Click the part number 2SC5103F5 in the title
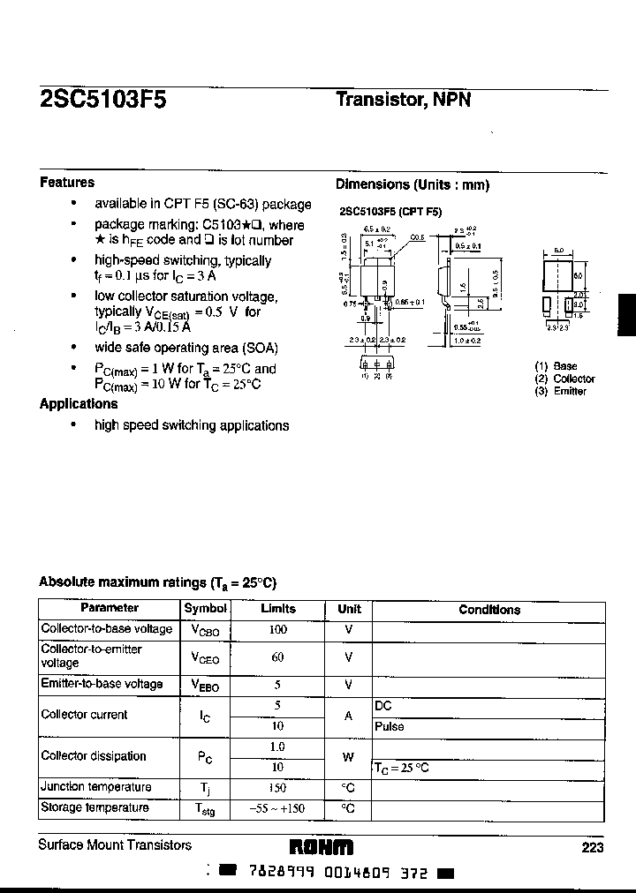point(102,100)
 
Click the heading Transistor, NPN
point(403,100)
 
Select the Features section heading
point(67,183)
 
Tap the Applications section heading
point(79,404)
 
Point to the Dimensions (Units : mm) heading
point(412,184)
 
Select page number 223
point(593,847)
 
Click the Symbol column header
point(205,609)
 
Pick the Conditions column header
point(489,610)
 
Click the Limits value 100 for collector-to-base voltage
point(278,630)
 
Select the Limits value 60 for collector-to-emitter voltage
point(278,657)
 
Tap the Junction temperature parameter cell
point(96,787)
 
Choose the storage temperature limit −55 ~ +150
point(278,808)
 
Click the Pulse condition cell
point(390,727)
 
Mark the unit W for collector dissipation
point(349,757)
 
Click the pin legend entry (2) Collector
point(564,379)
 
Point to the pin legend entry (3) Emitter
point(560,391)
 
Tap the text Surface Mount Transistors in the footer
point(115,845)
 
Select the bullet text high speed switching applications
point(192,425)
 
